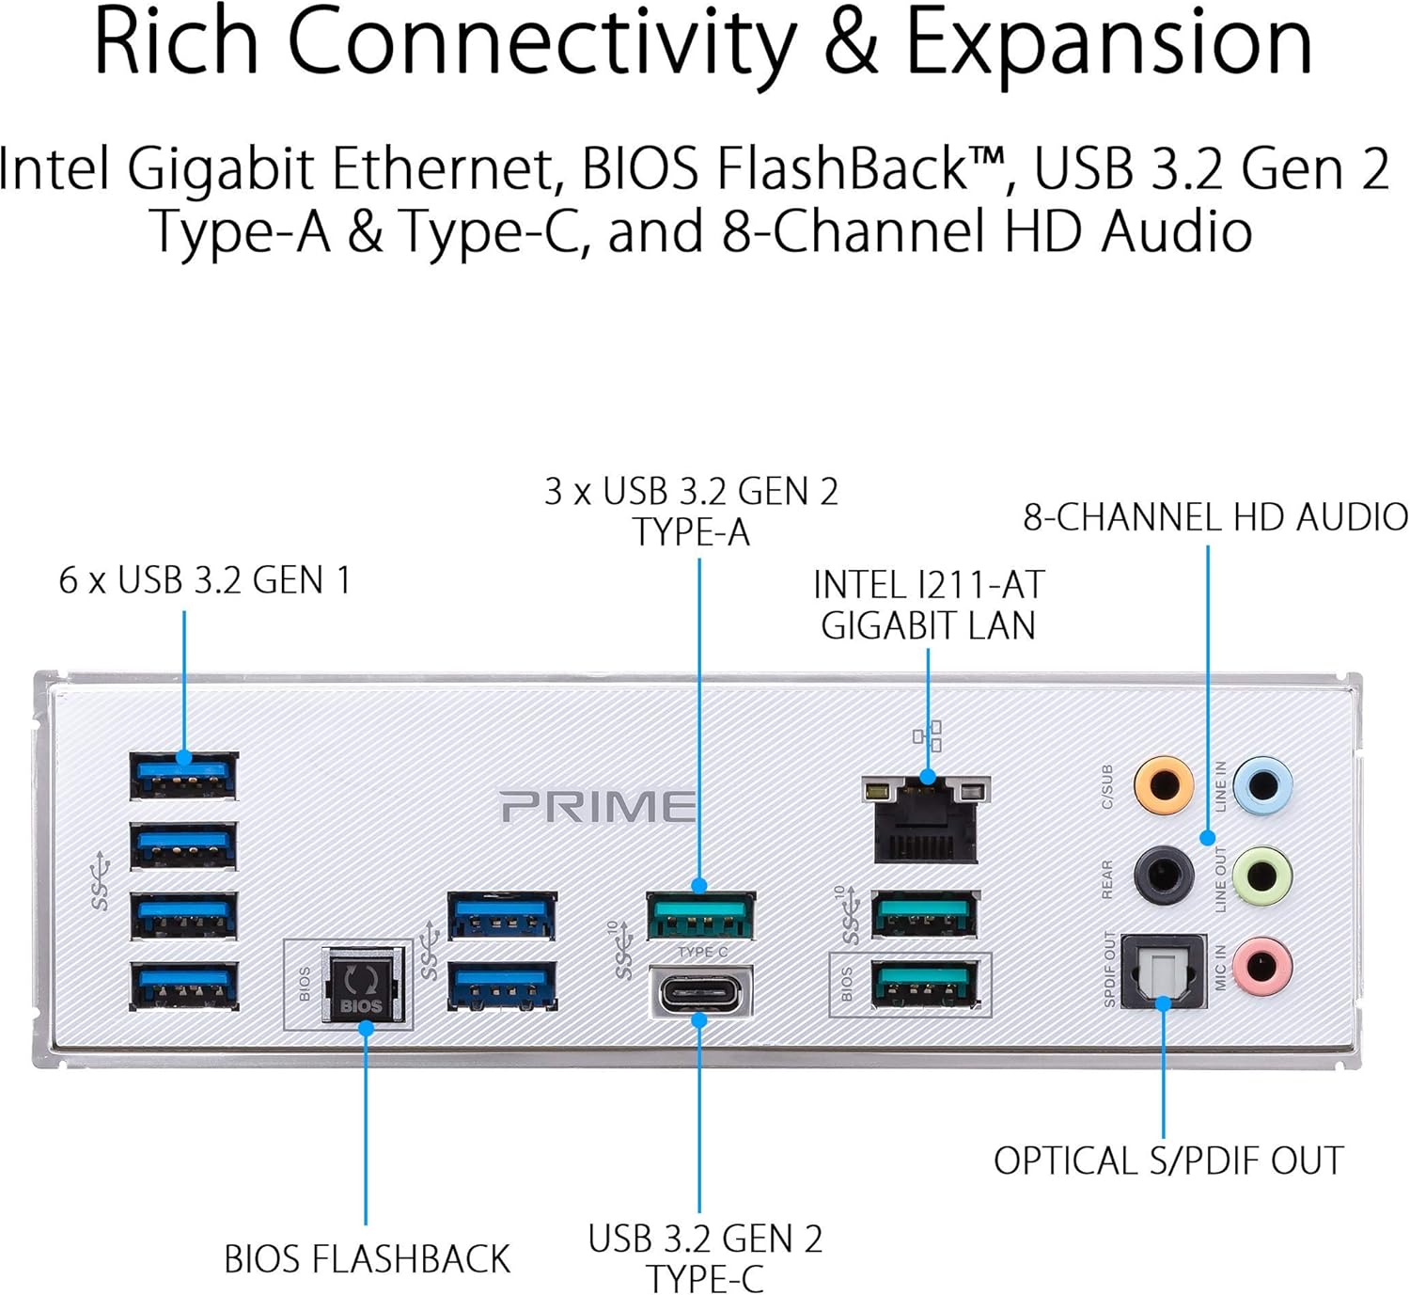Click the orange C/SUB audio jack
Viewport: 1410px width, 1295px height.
click(1164, 785)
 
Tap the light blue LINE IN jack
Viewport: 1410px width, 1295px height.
click(1263, 785)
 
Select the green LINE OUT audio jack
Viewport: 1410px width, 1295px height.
click(1263, 876)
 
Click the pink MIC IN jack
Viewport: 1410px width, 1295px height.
click(1263, 965)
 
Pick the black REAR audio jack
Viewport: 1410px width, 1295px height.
click(1164, 876)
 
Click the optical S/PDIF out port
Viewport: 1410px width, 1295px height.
click(1164, 971)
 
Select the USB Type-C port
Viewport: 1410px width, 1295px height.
click(701, 990)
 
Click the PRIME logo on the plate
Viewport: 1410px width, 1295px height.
click(598, 806)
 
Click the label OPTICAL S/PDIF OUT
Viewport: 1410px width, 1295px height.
click(1169, 1161)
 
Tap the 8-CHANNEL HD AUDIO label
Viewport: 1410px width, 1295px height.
click(1215, 517)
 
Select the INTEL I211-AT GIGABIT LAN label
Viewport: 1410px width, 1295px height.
click(929, 605)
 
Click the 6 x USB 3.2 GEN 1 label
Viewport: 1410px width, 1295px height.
click(205, 580)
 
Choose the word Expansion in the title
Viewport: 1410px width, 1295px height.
click(1109, 43)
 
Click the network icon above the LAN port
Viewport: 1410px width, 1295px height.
click(927, 735)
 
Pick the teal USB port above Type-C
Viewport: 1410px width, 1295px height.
click(701, 915)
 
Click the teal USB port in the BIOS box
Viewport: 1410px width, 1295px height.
click(924, 984)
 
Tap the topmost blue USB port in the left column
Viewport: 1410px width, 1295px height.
click(183, 776)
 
